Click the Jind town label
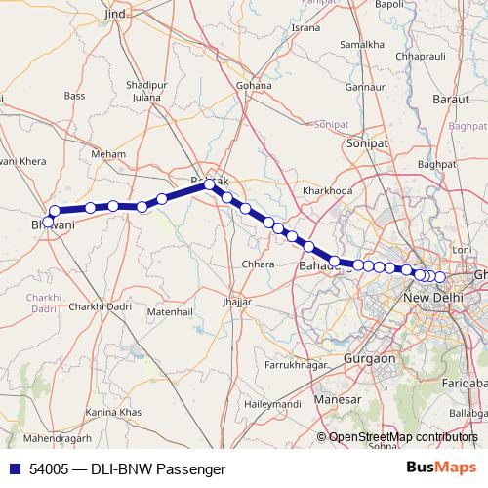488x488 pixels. (x=116, y=16)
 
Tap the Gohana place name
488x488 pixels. (x=253, y=85)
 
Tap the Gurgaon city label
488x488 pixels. (x=370, y=358)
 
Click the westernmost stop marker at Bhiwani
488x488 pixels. (x=48, y=222)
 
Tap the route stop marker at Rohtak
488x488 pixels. (x=210, y=183)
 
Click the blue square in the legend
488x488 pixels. (x=11, y=468)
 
